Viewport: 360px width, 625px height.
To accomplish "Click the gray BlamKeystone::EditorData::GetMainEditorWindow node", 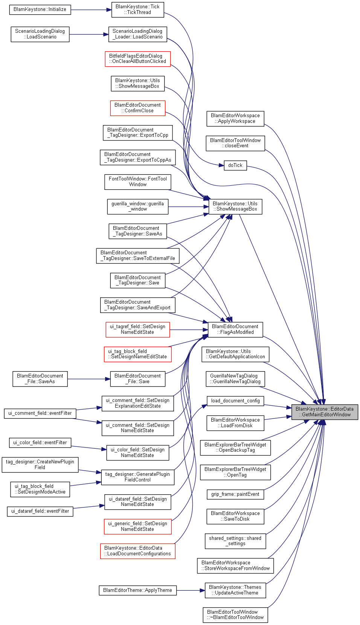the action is (x=325, y=412).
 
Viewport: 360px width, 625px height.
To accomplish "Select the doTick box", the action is (x=235, y=165).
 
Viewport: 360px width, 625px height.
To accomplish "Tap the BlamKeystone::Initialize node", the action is (x=40, y=9).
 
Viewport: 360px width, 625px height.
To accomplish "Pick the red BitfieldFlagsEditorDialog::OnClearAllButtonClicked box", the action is (x=137, y=59).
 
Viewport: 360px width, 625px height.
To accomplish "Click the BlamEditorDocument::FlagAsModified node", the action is (x=235, y=330).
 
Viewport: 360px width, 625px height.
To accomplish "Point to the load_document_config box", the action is (x=235, y=401).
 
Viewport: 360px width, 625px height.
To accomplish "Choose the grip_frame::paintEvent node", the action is (x=235, y=494).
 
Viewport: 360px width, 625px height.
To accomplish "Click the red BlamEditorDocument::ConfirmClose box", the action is (x=137, y=108).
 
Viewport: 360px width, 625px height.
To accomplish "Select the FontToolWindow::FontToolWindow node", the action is (x=138, y=182).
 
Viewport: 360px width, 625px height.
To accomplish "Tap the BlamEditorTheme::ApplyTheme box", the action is (x=138, y=590).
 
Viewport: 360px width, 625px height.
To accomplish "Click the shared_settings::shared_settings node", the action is (x=235, y=541).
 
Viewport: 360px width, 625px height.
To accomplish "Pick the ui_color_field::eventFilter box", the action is (x=40, y=443).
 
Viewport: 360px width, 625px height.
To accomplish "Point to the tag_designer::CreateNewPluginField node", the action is (x=40, y=465).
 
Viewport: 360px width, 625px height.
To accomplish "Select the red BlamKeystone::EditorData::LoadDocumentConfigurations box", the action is (x=137, y=551).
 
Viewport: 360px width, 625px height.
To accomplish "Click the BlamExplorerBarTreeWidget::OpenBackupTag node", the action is (x=235, y=447).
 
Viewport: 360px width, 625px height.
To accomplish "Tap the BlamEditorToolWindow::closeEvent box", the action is (x=235, y=143).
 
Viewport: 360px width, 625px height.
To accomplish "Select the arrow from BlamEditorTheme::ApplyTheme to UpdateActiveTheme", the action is (x=191, y=590).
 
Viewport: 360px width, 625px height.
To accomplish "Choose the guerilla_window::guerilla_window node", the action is (x=138, y=206).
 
